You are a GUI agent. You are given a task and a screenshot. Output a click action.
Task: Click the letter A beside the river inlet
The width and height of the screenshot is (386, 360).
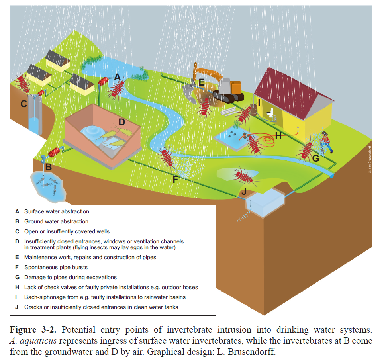point(117,77)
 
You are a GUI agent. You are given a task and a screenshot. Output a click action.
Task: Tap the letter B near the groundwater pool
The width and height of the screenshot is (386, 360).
point(48,167)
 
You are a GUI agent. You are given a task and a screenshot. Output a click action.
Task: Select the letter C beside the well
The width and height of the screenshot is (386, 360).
point(24,104)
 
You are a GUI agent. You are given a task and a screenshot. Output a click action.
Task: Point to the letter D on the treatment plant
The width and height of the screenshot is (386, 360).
point(121,121)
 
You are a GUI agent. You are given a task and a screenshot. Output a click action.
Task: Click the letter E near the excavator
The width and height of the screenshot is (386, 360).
point(201,83)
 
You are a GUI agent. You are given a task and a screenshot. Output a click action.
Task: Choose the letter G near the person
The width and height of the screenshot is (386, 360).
point(315,158)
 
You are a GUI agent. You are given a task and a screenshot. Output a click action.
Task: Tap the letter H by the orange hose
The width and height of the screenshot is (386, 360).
point(278,136)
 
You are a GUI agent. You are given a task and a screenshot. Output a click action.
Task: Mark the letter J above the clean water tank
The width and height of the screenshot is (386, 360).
point(245,192)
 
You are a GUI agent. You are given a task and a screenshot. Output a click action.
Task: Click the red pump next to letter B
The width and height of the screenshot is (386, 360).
point(55,152)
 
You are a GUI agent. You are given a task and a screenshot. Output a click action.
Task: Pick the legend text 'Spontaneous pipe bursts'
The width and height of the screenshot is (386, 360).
point(56,267)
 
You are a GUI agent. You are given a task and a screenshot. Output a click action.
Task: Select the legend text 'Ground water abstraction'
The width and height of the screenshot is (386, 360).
point(56,221)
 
